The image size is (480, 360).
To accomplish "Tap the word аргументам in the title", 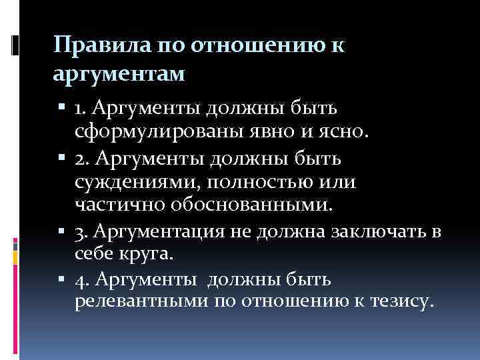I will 119,73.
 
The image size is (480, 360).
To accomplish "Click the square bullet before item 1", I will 62,107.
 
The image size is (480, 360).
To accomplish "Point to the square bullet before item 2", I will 62,161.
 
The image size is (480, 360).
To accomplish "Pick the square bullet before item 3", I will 62,231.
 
